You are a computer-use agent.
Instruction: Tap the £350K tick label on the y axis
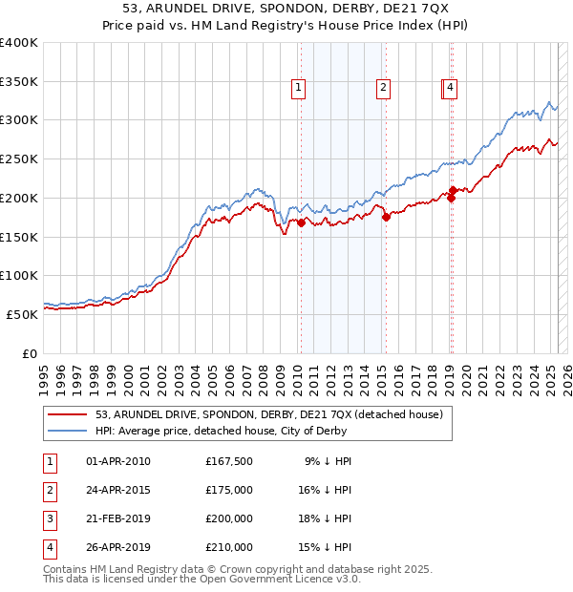[19, 81]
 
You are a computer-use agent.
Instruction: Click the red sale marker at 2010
[301, 223]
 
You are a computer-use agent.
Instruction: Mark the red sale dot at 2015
[386, 218]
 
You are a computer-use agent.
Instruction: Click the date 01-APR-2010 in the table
[118, 461]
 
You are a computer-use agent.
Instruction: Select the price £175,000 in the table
[229, 490]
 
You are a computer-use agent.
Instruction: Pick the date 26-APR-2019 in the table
[118, 547]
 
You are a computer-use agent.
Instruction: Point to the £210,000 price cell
[229, 547]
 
